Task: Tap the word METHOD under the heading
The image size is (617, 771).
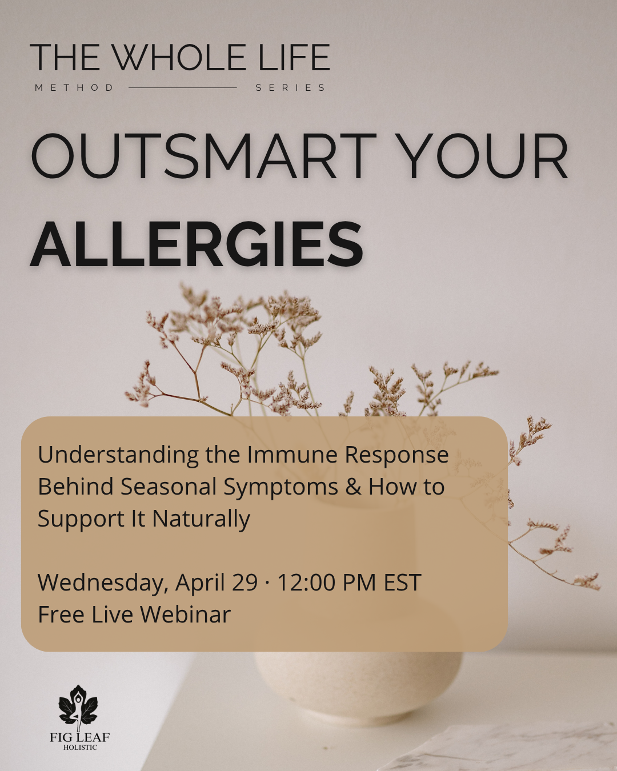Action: point(74,88)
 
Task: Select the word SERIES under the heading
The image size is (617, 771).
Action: point(290,88)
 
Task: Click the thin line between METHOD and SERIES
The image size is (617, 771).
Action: point(183,87)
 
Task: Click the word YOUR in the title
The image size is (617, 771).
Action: point(482,156)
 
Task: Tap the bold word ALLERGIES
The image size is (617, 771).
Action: point(197,244)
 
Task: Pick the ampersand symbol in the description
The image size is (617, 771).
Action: point(354,487)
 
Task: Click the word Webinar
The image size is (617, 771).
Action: point(185,615)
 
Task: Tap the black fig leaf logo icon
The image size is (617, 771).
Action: point(78,706)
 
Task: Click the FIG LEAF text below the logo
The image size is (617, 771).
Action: point(79,737)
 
